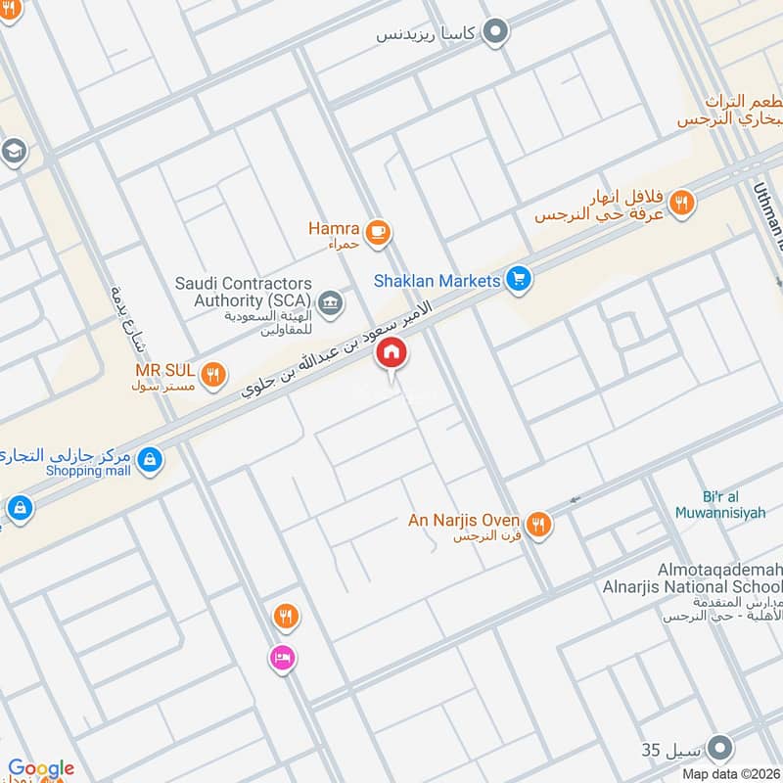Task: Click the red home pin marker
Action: click(x=391, y=353)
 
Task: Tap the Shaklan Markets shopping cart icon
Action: click(x=518, y=281)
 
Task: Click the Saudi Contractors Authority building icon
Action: click(x=331, y=300)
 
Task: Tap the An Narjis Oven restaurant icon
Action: click(x=537, y=526)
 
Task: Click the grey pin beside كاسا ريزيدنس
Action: click(x=497, y=32)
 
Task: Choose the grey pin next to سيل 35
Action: click(x=720, y=749)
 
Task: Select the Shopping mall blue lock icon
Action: click(x=150, y=457)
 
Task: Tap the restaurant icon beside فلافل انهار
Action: click(x=683, y=203)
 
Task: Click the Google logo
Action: click(x=41, y=768)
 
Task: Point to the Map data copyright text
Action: click(x=730, y=774)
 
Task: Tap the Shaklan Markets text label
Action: click(x=437, y=281)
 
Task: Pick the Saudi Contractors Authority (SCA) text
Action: click(x=243, y=292)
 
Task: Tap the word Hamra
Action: click(x=334, y=228)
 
